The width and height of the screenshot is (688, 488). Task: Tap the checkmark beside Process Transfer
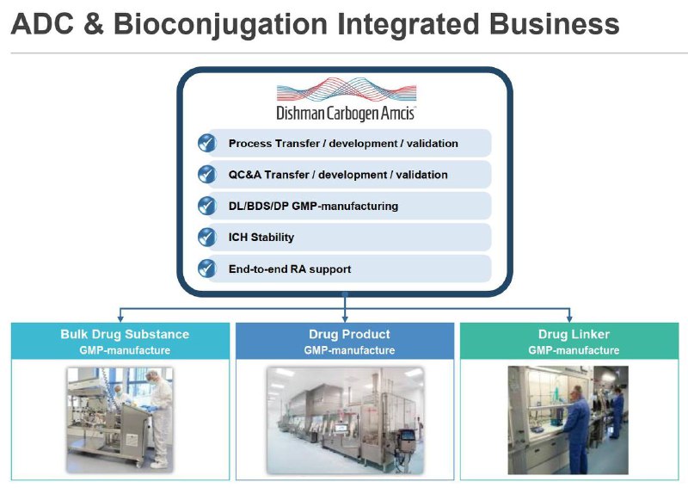point(206,143)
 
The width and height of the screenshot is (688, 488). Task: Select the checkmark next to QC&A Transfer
point(206,174)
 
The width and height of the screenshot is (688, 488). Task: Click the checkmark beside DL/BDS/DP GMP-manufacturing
point(206,206)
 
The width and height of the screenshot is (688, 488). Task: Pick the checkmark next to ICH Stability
point(206,237)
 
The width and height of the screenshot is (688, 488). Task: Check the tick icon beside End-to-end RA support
point(206,269)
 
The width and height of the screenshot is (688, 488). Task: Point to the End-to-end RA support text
point(290,269)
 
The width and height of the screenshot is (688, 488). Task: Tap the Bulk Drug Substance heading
point(125,334)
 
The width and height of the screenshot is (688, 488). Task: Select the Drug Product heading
point(349,334)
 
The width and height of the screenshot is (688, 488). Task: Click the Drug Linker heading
point(573,334)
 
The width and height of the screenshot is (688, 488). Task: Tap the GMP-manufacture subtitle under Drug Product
point(349,350)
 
